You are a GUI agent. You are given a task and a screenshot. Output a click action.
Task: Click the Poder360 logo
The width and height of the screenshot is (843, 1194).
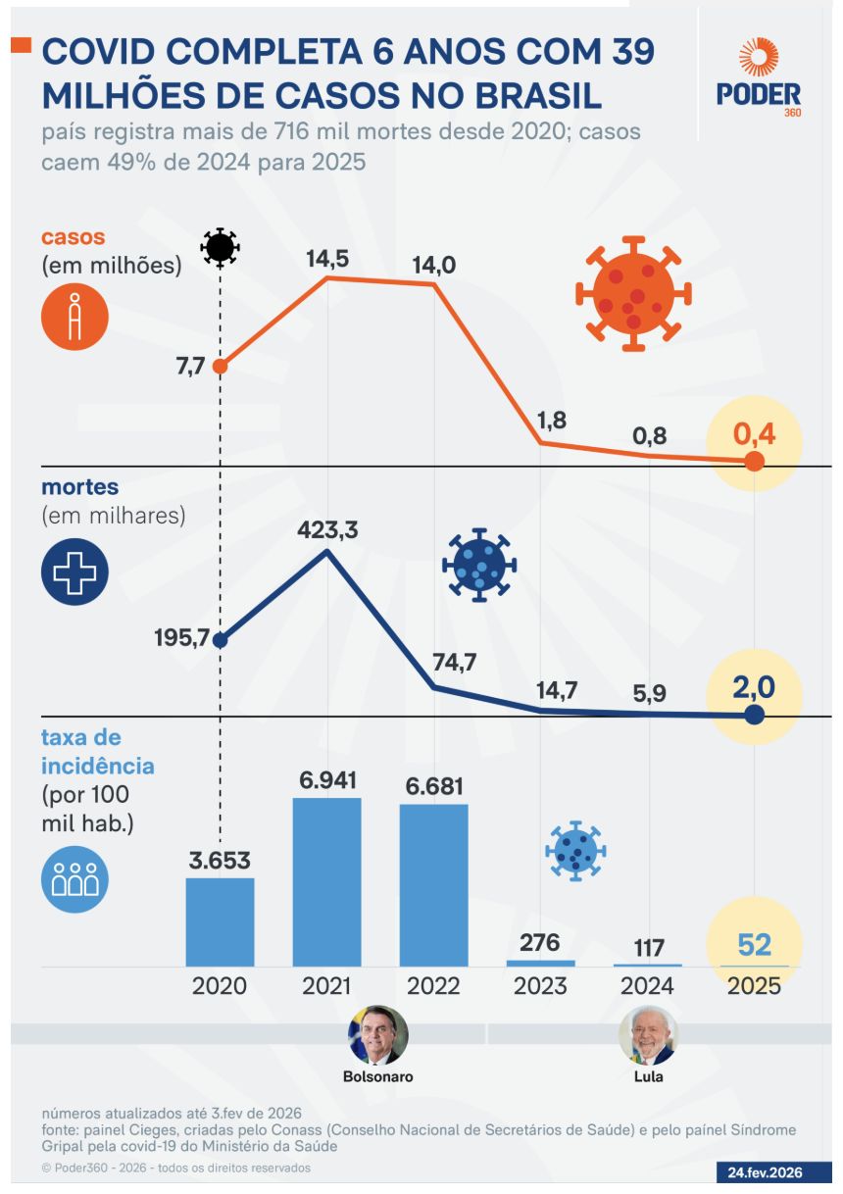click(x=758, y=77)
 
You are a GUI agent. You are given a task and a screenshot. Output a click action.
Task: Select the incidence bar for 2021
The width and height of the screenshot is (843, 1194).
click(x=326, y=881)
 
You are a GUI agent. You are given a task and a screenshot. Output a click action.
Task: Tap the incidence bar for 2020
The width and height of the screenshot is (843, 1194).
click(x=220, y=921)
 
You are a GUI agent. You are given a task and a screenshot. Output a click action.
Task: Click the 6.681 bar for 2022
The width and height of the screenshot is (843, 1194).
click(x=433, y=884)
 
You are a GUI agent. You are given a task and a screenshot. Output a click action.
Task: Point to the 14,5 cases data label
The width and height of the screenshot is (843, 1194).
click(x=327, y=260)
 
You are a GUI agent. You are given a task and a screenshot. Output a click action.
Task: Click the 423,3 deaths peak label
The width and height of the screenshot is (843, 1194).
click(x=327, y=530)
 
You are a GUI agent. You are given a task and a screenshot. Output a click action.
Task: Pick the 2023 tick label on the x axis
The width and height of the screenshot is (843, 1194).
click(x=540, y=985)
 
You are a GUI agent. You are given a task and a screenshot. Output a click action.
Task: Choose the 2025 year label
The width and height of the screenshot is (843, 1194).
click(x=754, y=985)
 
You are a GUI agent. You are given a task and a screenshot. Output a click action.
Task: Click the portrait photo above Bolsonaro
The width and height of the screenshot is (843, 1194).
click(x=377, y=1035)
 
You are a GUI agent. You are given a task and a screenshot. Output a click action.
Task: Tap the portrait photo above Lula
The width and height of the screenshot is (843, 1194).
click(x=648, y=1035)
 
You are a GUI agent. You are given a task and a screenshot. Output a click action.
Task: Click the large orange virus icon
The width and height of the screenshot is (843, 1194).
click(x=633, y=293)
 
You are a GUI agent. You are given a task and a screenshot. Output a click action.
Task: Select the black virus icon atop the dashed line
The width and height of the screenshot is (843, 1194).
click(x=220, y=248)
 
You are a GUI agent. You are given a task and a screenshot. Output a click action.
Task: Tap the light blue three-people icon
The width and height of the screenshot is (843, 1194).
click(x=74, y=879)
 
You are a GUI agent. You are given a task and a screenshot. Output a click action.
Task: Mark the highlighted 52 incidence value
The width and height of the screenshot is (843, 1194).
click(x=754, y=944)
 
